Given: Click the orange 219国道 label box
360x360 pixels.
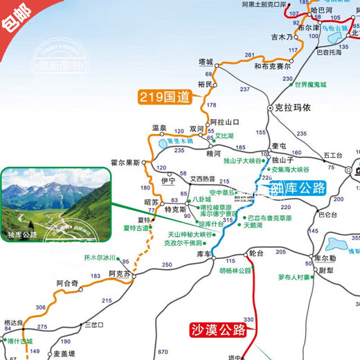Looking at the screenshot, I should [x=165, y=98].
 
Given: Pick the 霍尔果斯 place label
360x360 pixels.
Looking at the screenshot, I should [x=125, y=163].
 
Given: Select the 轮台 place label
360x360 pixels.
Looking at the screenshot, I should [x=255, y=253].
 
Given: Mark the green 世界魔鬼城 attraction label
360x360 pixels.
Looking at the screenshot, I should [x=309, y=85].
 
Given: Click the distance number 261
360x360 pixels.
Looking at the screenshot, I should [x=250, y=55].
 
